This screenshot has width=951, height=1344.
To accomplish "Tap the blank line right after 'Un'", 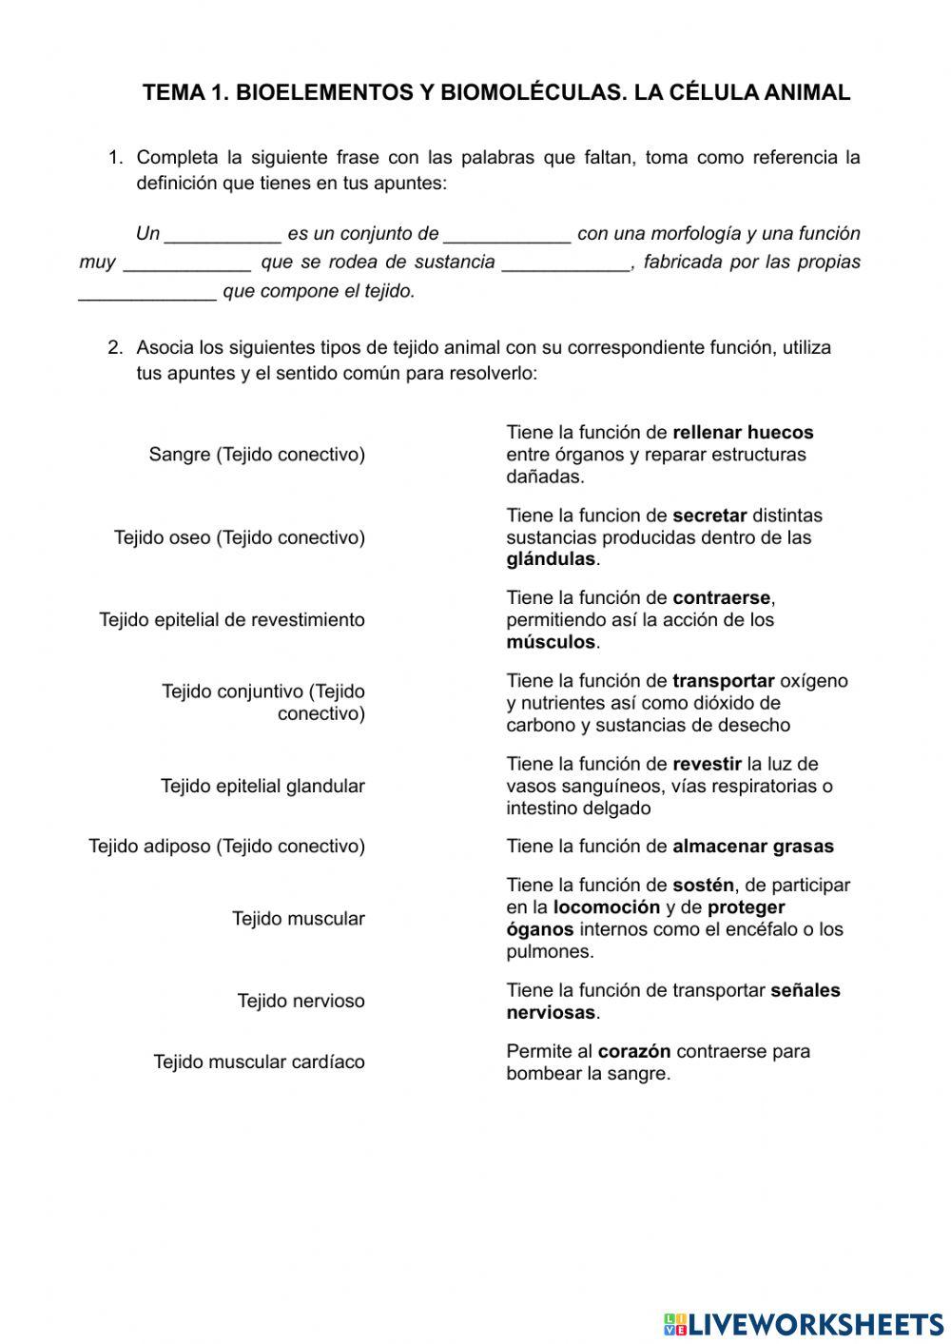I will tap(223, 234).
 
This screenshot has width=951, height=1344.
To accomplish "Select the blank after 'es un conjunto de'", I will tap(507, 234).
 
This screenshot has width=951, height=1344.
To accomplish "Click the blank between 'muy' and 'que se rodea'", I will tap(187, 263).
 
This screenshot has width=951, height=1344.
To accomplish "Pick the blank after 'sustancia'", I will tap(566, 263).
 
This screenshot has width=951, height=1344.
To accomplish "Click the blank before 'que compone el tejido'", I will tap(147, 292).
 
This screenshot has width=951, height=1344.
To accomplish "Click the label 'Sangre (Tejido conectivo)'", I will tap(257, 455).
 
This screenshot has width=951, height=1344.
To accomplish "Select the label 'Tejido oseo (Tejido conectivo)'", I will tap(240, 537).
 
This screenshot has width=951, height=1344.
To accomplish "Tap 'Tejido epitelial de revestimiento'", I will tap(232, 620).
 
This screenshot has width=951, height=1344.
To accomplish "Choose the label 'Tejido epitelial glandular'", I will tap(262, 787).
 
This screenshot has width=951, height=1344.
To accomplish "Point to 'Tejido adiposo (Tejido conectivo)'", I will tap(226, 847).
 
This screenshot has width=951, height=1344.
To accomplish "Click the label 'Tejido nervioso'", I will tap(301, 1002).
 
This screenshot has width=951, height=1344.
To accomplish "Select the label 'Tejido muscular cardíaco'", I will tap(259, 1062).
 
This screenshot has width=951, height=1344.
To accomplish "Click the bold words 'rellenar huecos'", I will tap(743, 433).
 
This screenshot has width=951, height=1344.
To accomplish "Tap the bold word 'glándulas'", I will tap(551, 559).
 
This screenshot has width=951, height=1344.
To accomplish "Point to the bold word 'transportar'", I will tap(723, 681).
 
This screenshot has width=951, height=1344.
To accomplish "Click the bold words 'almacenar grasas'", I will tap(752, 847).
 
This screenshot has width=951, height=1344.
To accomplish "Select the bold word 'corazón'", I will tap(634, 1052).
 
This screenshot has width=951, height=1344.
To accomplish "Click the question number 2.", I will tap(115, 348).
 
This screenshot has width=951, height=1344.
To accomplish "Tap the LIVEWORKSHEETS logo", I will tap(804, 1323).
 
